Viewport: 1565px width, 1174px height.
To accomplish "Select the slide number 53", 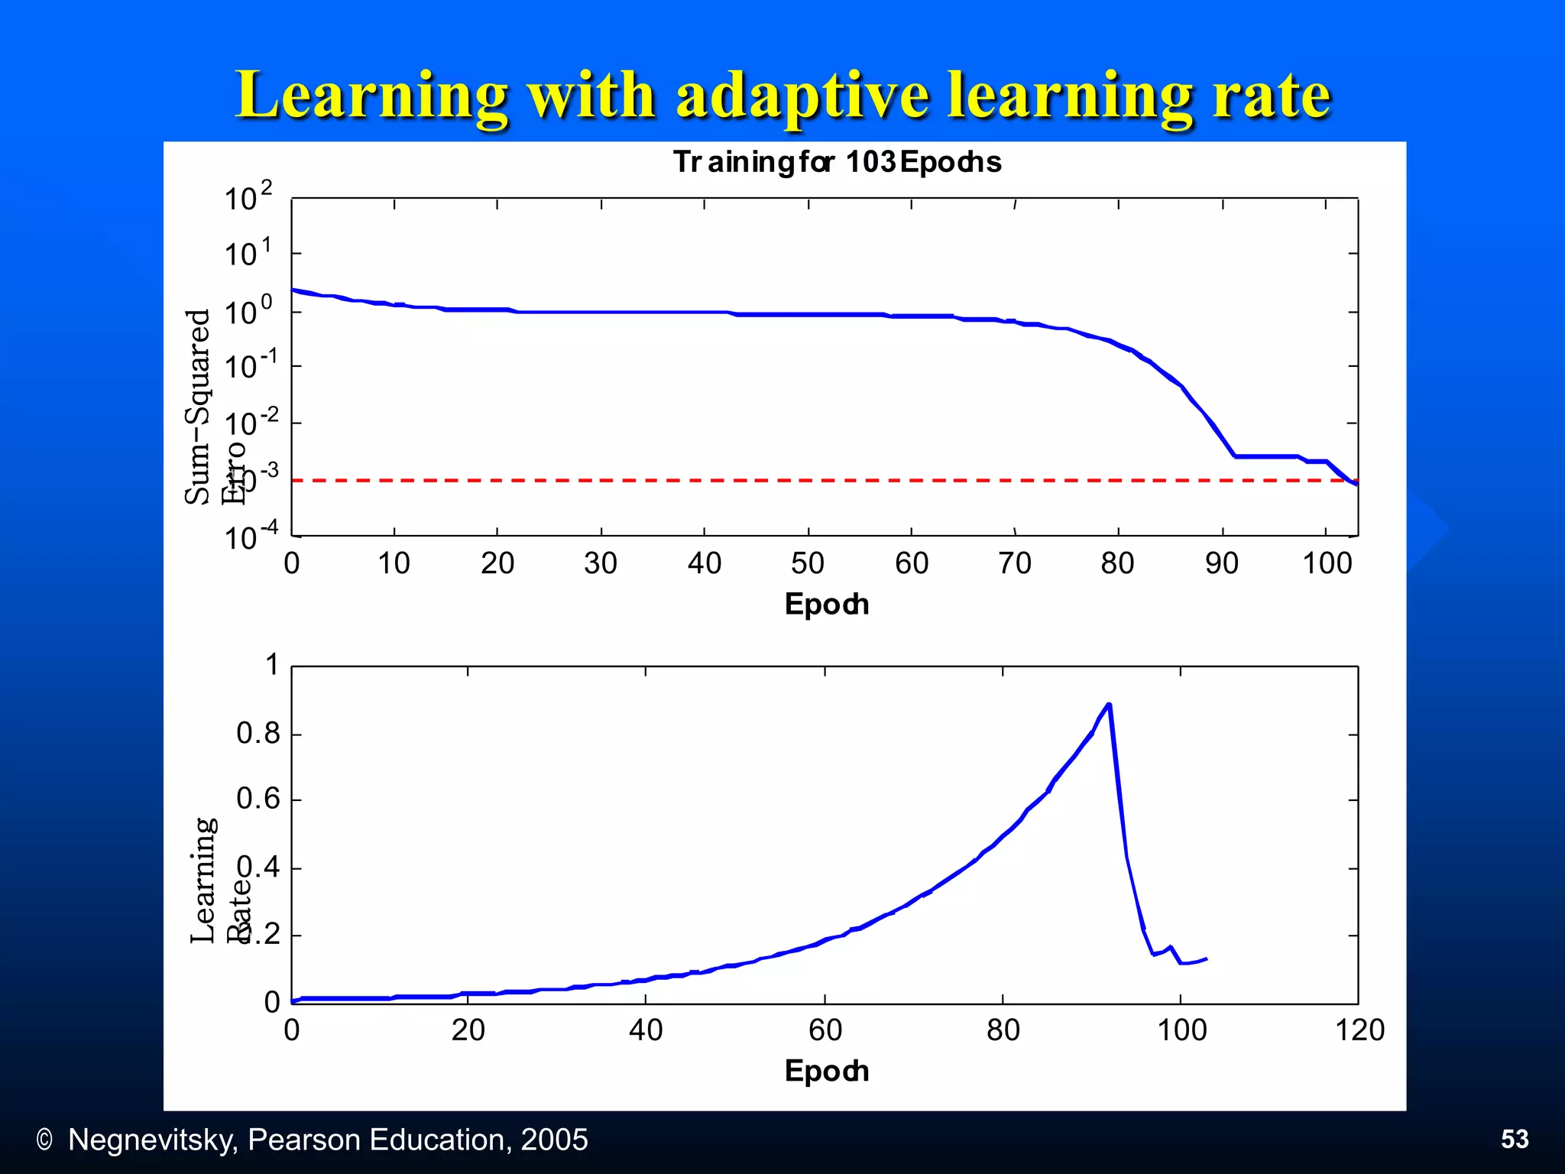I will pyautogui.click(x=1515, y=1139).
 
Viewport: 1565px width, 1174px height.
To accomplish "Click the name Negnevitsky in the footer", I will pyautogui.click(x=152, y=1140).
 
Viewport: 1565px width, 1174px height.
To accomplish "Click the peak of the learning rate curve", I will pyautogui.click(x=1109, y=705).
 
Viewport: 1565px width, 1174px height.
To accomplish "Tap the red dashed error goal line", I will pyautogui.click(x=764, y=481).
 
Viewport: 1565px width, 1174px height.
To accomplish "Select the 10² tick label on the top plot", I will pyautogui.click(x=248, y=197).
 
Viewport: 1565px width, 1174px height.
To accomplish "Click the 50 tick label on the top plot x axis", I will pyautogui.click(x=808, y=564).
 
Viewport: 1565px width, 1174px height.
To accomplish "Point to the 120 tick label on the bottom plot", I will pyautogui.click(x=1359, y=1030).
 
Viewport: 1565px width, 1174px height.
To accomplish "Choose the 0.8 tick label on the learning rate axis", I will pyautogui.click(x=258, y=734).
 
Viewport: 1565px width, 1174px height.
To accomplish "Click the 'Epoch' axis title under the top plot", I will pyautogui.click(x=826, y=605).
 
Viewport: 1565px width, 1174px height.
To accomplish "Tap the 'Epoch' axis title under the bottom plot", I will pyautogui.click(x=826, y=1072).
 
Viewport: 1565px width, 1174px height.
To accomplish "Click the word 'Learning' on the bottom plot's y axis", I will pyautogui.click(x=203, y=880).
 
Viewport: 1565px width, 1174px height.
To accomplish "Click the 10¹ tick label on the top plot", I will pyautogui.click(x=248, y=253).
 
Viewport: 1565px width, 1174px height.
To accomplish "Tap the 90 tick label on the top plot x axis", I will pyautogui.click(x=1221, y=564).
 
